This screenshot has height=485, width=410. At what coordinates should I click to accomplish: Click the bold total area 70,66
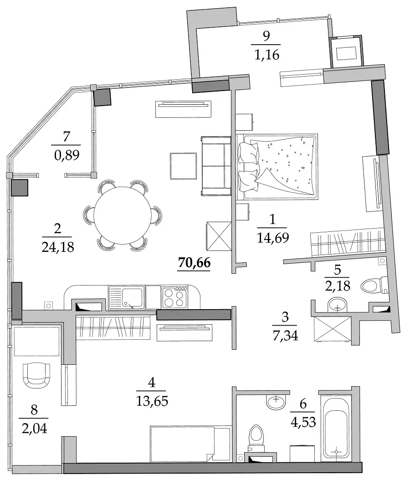(x=195, y=263)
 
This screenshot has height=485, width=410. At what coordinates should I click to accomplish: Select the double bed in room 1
(x=277, y=166)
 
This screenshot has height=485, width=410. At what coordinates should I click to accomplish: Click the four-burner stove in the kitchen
(x=174, y=297)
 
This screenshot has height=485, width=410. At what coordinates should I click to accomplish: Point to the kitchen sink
(x=126, y=297)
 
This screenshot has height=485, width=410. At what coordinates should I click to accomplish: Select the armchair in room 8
(x=36, y=375)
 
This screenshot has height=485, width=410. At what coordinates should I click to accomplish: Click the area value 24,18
(x=58, y=247)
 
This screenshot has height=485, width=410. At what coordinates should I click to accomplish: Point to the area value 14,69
(x=273, y=238)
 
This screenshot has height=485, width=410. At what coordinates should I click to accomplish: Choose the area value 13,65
(x=152, y=401)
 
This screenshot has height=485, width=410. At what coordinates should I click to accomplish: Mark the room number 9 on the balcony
(x=266, y=36)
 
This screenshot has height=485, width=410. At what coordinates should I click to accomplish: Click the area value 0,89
(x=67, y=155)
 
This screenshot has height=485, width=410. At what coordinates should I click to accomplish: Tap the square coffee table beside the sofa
(x=183, y=166)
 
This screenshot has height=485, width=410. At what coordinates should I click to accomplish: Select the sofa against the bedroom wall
(x=216, y=166)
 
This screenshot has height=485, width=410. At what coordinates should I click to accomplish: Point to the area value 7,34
(x=285, y=336)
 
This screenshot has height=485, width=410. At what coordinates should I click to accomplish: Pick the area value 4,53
(x=303, y=422)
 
